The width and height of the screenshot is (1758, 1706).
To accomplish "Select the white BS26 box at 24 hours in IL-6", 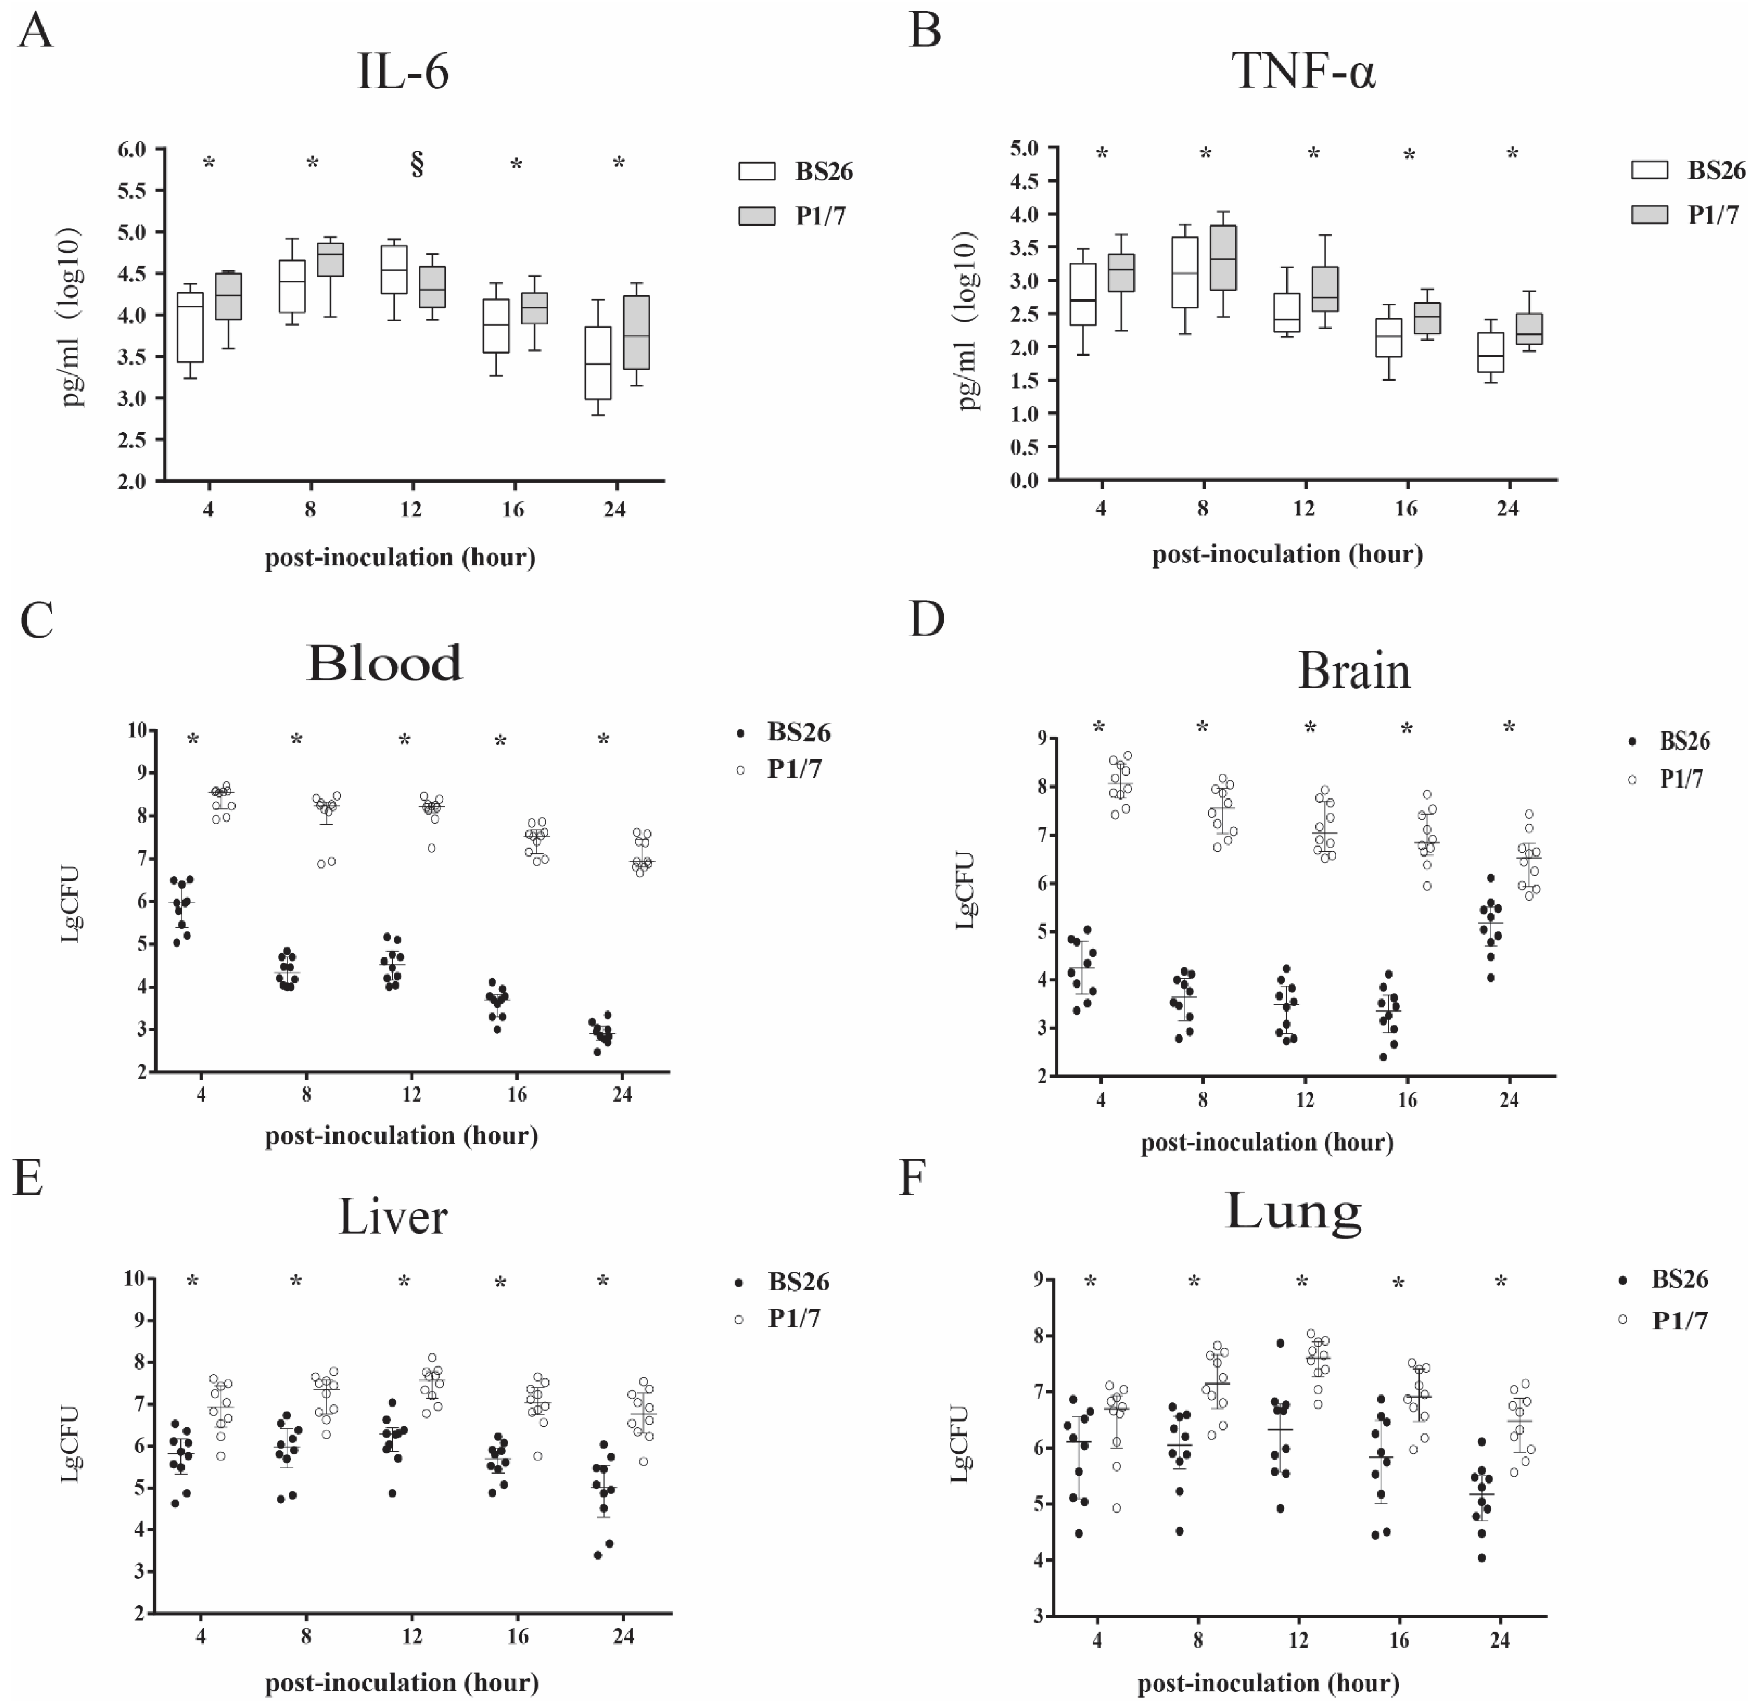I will (598, 363).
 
